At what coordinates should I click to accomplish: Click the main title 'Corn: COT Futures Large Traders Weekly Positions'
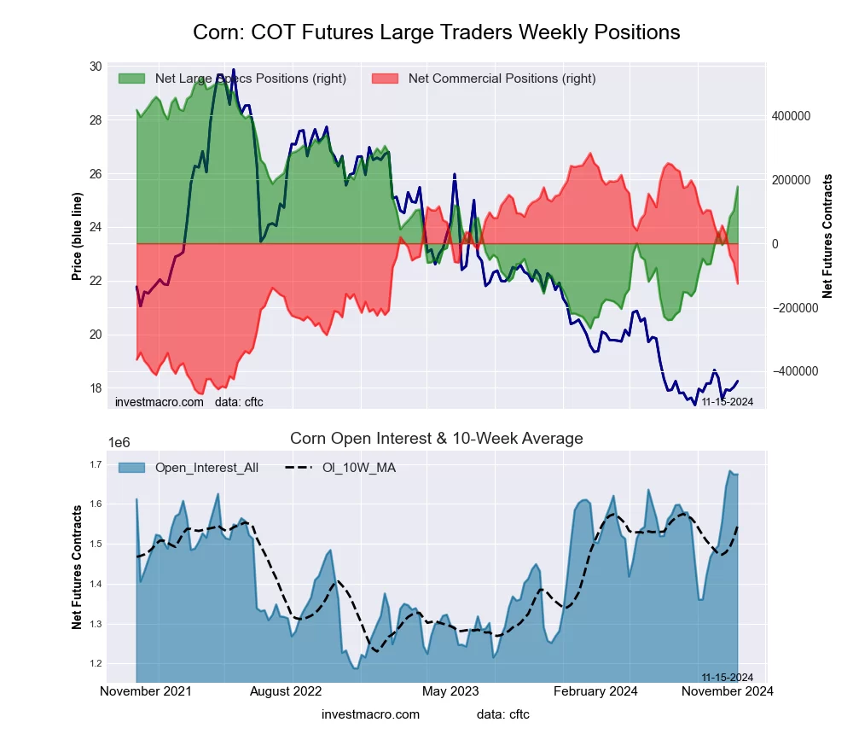pos(436,32)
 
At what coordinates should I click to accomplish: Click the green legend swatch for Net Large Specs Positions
pos(131,79)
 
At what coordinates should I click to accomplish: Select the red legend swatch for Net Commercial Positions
pos(385,79)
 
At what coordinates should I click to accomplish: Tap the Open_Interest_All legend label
pos(206,468)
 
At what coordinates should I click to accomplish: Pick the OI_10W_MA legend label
pos(358,468)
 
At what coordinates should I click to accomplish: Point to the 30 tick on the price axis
pos(95,67)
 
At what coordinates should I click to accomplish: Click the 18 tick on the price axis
pos(95,388)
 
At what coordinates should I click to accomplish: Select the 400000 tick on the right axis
pos(791,116)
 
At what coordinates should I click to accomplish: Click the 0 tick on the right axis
pos(775,244)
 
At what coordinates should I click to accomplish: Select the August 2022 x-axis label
pos(293,691)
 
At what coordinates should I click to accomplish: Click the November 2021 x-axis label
pos(146,691)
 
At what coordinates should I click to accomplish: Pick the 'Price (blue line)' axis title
pos(78,236)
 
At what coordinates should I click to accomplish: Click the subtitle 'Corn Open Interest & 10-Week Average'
pos(436,439)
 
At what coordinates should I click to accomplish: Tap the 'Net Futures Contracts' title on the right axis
pos(827,236)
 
